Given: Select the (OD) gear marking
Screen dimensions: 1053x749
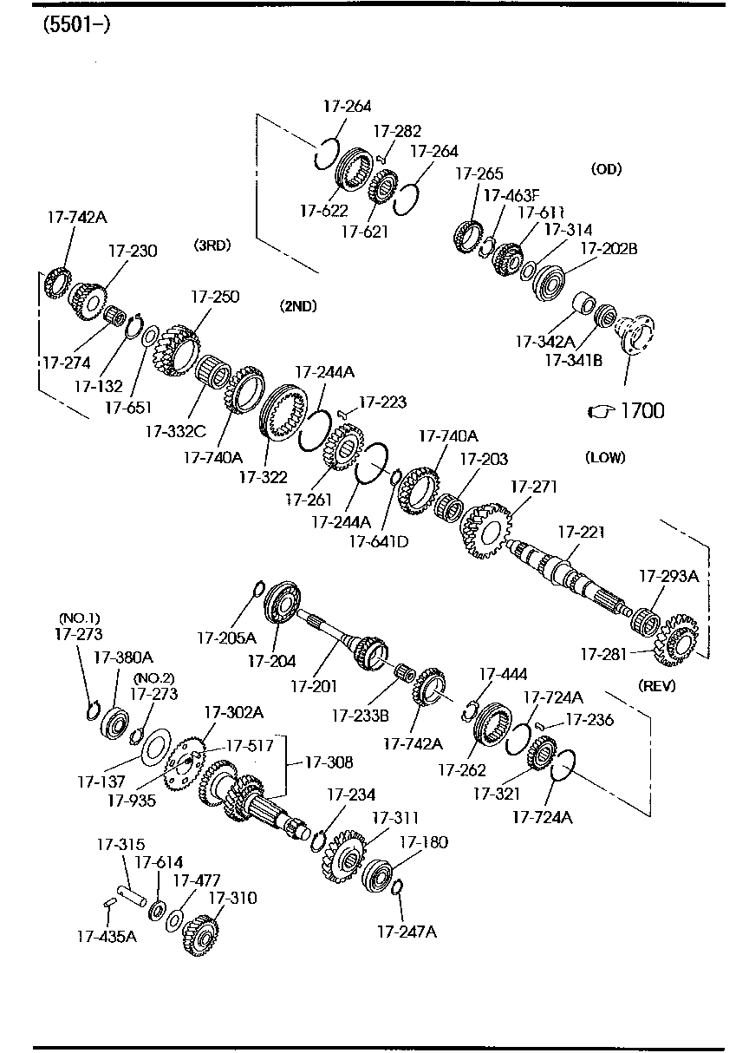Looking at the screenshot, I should click(606, 169).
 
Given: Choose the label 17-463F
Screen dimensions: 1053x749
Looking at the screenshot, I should click(511, 195).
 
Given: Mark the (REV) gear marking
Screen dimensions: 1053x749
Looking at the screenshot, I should click(656, 685).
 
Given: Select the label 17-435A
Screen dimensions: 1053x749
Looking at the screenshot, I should click(106, 935).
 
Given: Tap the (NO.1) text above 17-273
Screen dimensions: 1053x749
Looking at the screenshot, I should click(79, 618).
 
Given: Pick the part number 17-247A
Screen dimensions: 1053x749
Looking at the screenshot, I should click(407, 932).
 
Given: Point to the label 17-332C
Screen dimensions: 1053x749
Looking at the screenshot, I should click(176, 430).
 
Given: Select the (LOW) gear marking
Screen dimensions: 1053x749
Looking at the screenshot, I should click(605, 457).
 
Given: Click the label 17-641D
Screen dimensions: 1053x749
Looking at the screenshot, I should click(379, 541).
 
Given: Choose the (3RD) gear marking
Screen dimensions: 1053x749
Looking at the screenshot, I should click(212, 245).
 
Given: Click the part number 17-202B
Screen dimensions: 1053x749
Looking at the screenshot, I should click(609, 249).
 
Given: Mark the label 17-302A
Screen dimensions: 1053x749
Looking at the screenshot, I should click(233, 712).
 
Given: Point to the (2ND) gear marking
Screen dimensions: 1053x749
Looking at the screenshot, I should click(298, 305).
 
